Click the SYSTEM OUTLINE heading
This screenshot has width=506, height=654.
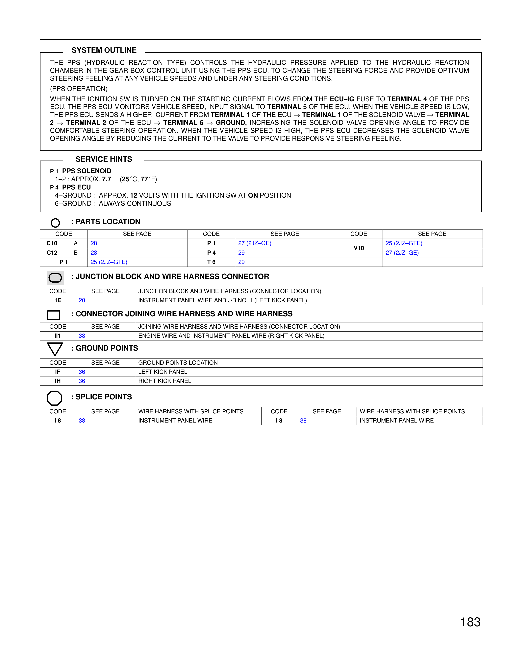tap(104, 50)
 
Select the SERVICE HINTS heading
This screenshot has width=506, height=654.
tap(104, 159)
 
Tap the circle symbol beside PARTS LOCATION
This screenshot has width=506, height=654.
tap(55, 223)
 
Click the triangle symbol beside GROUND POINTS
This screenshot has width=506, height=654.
tap(55, 349)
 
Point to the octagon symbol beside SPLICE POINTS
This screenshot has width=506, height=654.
tap(54, 398)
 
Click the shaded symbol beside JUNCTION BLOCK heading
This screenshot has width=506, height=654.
tap(55, 278)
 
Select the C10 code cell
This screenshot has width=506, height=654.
tap(52, 243)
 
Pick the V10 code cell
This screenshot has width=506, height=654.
tap(359, 248)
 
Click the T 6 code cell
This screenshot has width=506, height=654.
tap(211, 262)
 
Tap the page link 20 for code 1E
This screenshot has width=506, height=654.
tap(82, 300)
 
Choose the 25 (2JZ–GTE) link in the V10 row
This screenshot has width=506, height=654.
tap(404, 243)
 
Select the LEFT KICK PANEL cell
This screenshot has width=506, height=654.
tap(163, 372)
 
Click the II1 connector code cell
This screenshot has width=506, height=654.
tap(58, 336)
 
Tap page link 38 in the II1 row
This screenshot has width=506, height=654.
tap(82, 336)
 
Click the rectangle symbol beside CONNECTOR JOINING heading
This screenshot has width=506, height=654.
tap(54, 315)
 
